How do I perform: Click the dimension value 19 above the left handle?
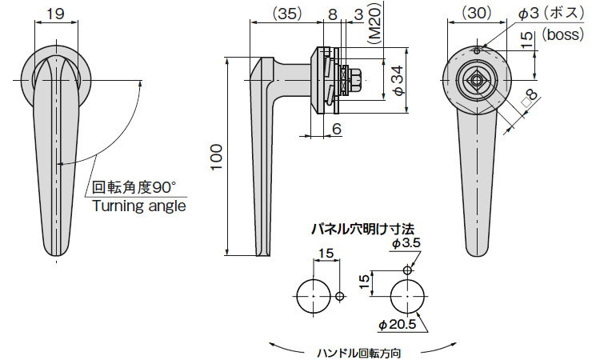(x=55, y=13)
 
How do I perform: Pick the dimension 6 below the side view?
(x=336, y=128)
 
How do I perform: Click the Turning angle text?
(x=139, y=206)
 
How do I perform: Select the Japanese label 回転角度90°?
(x=133, y=188)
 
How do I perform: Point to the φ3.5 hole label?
(x=406, y=242)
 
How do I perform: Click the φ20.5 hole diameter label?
(x=397, y=325)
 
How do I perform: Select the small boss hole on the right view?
(x=477, y=52)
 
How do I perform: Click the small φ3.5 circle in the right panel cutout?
(x=408, y=270)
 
